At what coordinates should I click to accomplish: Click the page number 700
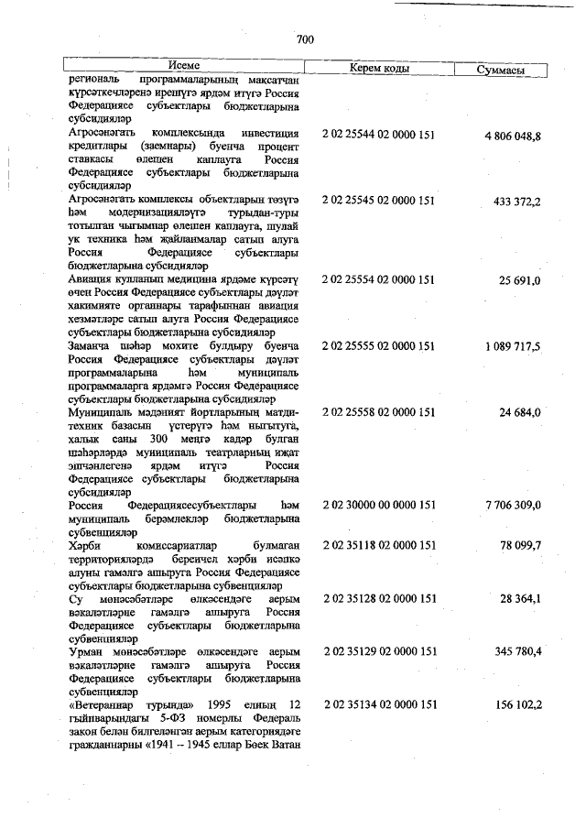pyautogui.click(x=306, y=38)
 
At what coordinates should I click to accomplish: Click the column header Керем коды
pyautogui.click(x=379, y=69)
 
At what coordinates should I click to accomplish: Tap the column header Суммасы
pyautogui.click(x=501, y=70)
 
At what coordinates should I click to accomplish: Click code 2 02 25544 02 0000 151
pyautogui.click(x=379, y=135)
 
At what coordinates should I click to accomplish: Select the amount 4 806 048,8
pyautogui.click(x=513, y=136)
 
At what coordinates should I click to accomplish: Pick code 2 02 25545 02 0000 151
pyautogui.click(x=379, y=200)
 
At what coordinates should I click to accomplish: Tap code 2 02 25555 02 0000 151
pyautogui.click(x=379, y=345)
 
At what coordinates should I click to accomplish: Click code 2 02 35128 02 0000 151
pyautogui.click(x=379, y=598)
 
